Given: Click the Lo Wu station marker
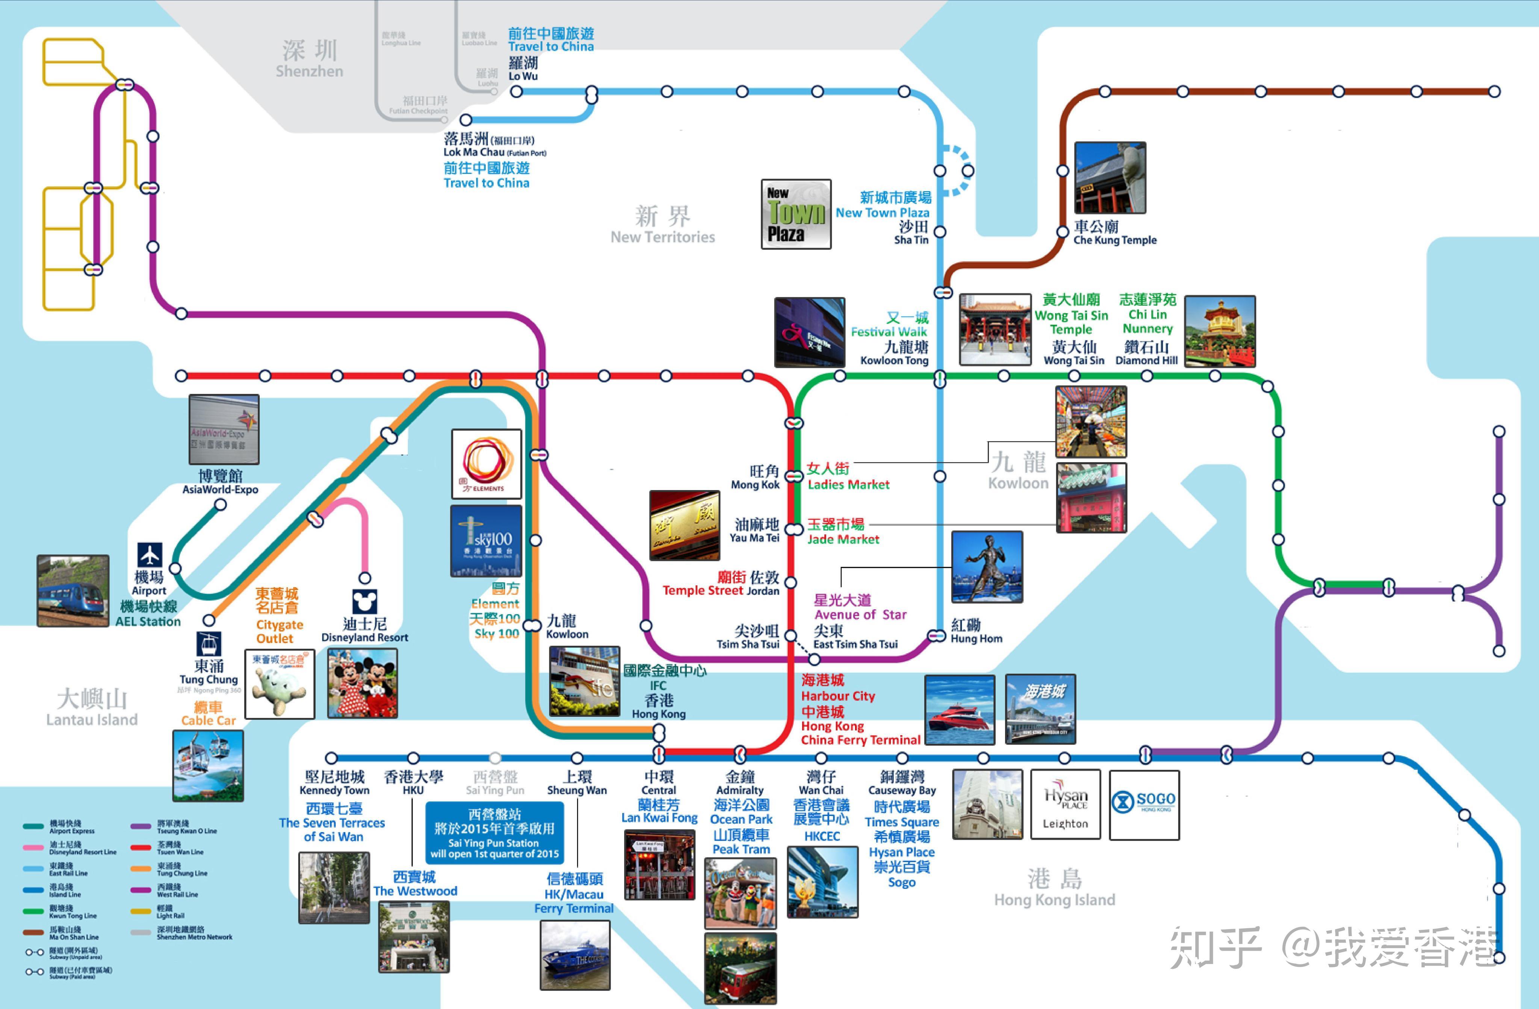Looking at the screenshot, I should [516, 92].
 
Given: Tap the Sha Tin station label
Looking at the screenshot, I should [912, 233].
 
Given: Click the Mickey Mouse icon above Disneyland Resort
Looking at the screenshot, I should [365, 601].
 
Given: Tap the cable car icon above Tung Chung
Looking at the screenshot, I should [208, 644].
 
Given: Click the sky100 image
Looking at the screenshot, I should [486, 541].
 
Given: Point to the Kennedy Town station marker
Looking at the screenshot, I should [331, 757].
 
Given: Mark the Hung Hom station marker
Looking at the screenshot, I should [936, 636].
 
